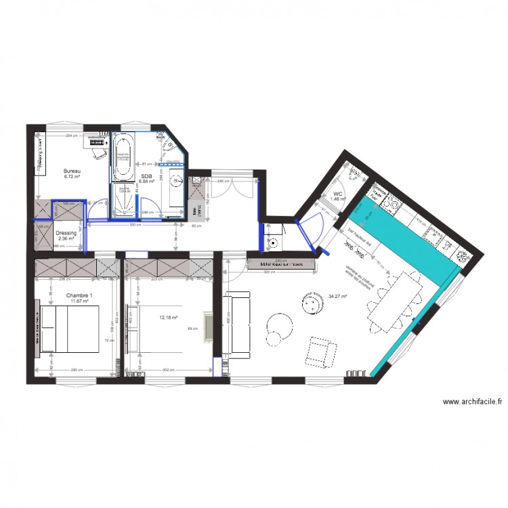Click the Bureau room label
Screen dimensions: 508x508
click(x=72, y=171)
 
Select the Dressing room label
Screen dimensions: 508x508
click(x=66, y=233)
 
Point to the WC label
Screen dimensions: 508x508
click(x=337, y=194)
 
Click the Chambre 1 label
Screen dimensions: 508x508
click(x=79, y=296)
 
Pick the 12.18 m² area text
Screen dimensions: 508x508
click(x=167, y=316)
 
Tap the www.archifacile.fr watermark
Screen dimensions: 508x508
click(x=472, y=402)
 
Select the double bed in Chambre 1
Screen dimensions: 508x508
click(x=69, y=329)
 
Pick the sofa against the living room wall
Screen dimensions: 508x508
click(x=236, y=324)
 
